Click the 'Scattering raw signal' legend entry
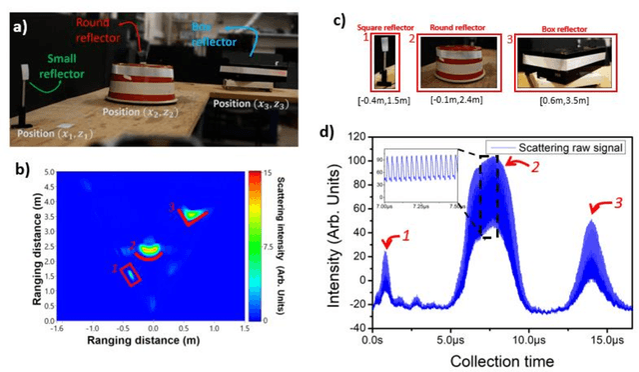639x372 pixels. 561,147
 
